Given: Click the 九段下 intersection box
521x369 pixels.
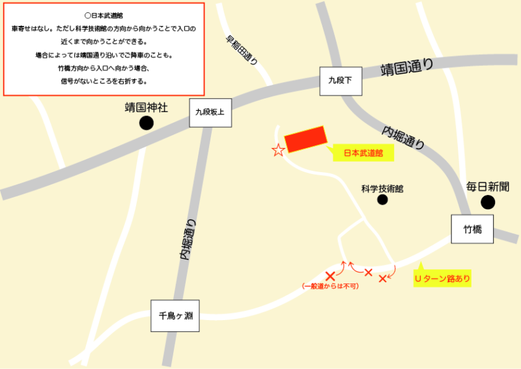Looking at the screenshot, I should [x=339, y=81].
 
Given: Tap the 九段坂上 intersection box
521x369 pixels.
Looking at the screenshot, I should [x=210, y=112].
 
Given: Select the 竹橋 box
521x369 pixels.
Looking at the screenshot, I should [x=472, y=229].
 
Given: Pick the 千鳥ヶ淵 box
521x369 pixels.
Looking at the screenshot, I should [x=175, y=316].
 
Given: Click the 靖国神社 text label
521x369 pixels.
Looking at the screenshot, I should [x=147, y=107].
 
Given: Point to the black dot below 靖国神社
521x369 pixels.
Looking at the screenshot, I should [x=147, y=123].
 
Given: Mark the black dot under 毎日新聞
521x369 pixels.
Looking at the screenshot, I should [x=487, y=203].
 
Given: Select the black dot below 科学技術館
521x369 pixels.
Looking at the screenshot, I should [x=382, y=200].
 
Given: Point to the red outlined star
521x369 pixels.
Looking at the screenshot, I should [x=278, y=151].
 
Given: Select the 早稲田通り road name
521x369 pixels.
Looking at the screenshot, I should [x=241, y=50].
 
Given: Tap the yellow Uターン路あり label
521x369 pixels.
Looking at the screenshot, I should [x=442, y=279].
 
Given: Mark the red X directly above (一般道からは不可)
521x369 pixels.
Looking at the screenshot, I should [x=330, y=276].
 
